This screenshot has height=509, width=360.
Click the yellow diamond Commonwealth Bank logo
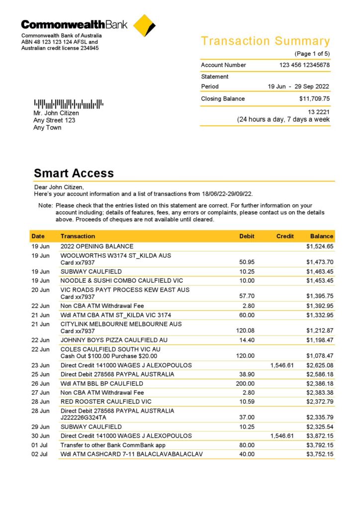click(x=145, y=25)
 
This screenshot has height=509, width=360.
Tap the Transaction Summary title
click(x=265, y=41)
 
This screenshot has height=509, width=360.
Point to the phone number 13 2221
click(x=318, y=112)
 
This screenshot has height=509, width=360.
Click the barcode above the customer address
click(x=69, y=104)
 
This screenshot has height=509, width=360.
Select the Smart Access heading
click(x=74, y=173)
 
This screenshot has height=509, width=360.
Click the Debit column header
click(x=247, y=236)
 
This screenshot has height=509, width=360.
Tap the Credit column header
click(x=285, y=236)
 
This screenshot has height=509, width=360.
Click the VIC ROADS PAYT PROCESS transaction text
click(x=125, y=290)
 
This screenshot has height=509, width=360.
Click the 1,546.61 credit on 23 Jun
click(x=282, y=365)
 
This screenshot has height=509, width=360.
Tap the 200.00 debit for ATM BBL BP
click(x=245, y=383)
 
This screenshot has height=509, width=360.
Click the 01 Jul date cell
click(x=41, y=445)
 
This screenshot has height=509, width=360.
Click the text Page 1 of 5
click(x=312, y=54)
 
